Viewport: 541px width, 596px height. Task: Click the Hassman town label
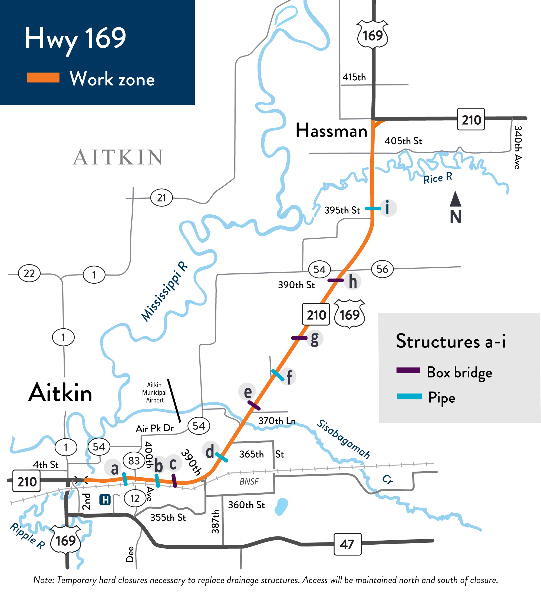331,131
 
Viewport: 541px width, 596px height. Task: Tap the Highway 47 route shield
347,544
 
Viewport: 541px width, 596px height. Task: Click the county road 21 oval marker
161,198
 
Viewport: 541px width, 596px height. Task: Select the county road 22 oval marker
29,273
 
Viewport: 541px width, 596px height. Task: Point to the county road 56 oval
382,269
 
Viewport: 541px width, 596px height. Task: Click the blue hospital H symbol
105,500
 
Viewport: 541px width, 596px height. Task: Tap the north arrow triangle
456,199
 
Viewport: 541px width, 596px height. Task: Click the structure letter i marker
388,208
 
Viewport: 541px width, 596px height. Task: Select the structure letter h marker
352,282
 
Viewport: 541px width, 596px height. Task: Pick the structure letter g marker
315,339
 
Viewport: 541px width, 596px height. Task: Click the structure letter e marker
248,392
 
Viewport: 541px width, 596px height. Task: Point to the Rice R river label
437,178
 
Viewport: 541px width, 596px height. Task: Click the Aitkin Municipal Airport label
154,393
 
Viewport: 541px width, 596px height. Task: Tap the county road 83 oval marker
134,461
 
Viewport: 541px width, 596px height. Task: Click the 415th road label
354,77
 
